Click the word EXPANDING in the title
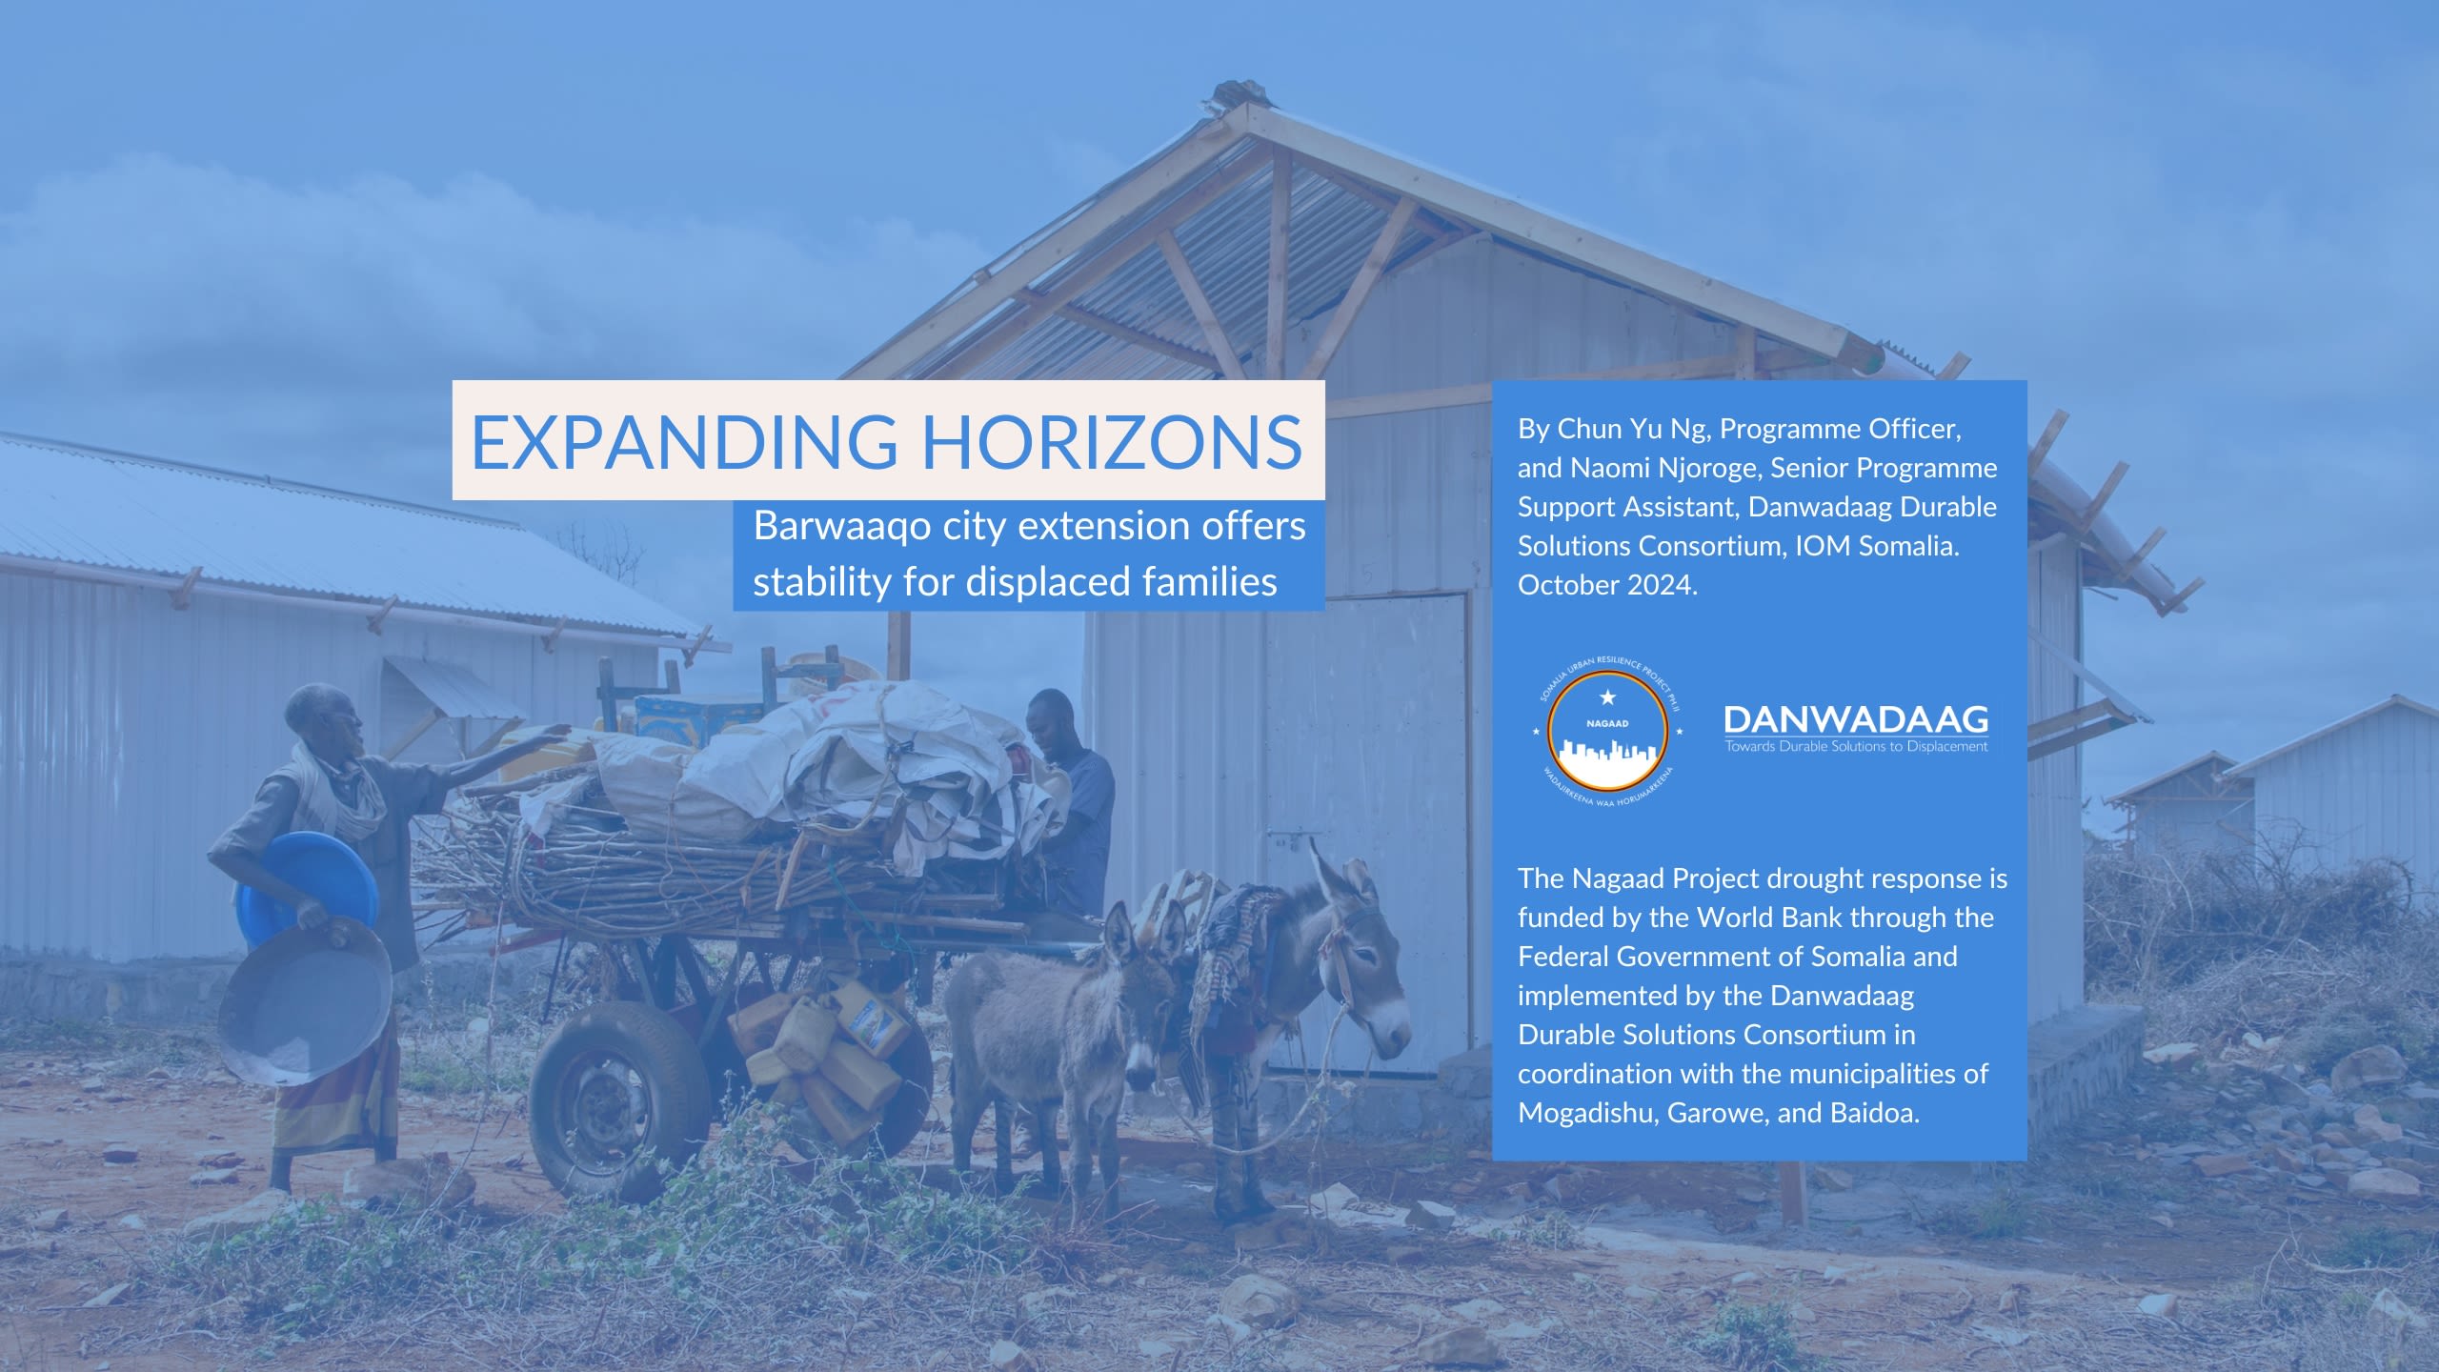point(684,441)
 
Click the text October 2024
point(1607,585)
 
